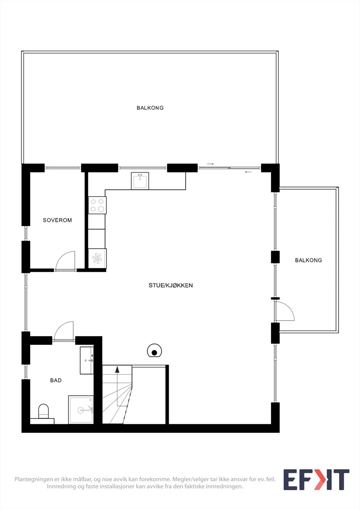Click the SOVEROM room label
(x=57, y=220)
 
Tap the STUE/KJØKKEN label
(x=171, y=285)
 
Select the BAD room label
(x=56, y=380)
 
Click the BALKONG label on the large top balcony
(x=150, y=108)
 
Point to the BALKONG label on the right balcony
(x=308, y=260)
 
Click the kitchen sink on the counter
(x=140, y=181)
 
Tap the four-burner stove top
(x=97, y=205)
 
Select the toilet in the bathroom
(x=43, y=411)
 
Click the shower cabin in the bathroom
(x=81, y=410)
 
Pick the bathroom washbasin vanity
(x=87, y=360)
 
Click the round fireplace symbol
(x=154, y=352)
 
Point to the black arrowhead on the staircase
(x=117, y=369)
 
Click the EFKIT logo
(x=316, y=479)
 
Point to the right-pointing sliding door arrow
(x=210, y=164)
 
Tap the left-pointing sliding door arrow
(x=248, y=172)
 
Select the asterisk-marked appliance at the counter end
(x=97, y=258)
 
